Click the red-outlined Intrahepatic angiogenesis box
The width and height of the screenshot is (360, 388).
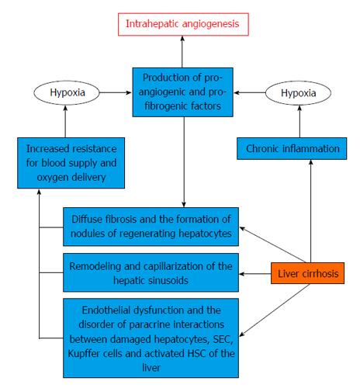click(x=183, y=24)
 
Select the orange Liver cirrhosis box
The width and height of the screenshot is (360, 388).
click(x=307, y=273)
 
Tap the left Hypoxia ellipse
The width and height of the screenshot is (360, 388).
click(x=67, y=92)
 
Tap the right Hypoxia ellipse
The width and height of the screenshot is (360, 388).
click(x=298, y=93)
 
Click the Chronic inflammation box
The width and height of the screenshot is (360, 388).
click(x=292, y=148)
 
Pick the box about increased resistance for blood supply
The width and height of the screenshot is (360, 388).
click(x=71, y=163)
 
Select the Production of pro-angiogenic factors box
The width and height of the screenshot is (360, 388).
click(x=182, y=92)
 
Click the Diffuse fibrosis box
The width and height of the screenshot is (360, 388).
click(x=151, y=227)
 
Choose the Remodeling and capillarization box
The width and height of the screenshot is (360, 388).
click(x=151, y=272)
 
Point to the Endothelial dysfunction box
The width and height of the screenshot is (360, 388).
click(x=151, y=338)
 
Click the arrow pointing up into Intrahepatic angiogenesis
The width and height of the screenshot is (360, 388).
click(x=182, y=52)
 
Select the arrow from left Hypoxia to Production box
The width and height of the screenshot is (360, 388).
click(x=116, y=92)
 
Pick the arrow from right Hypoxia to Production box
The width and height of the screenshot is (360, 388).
click(x=250, y=92)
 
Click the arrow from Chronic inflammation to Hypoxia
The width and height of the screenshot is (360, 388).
click(x=299, y=121)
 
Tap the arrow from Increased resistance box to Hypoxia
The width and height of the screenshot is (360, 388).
click(x=65, y=121)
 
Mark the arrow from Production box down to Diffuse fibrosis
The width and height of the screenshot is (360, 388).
click(x=184, y=162)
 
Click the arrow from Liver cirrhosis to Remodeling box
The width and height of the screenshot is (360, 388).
click(x=255, y=274)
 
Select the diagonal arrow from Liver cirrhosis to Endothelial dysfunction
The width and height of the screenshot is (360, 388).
click(x=275, y=310)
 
